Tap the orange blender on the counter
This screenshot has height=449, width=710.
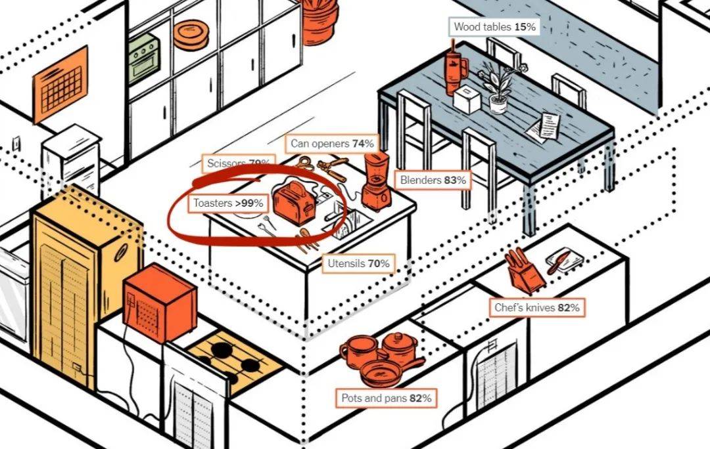(376, 180)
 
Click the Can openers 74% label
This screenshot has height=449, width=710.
(332, 143)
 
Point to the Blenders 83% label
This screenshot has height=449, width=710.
(433, 180)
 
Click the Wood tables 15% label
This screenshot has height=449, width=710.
(495, 27)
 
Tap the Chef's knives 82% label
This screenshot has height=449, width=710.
(537, 307)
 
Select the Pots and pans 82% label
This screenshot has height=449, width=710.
(386, 398)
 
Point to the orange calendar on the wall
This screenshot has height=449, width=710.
(60, 84)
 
